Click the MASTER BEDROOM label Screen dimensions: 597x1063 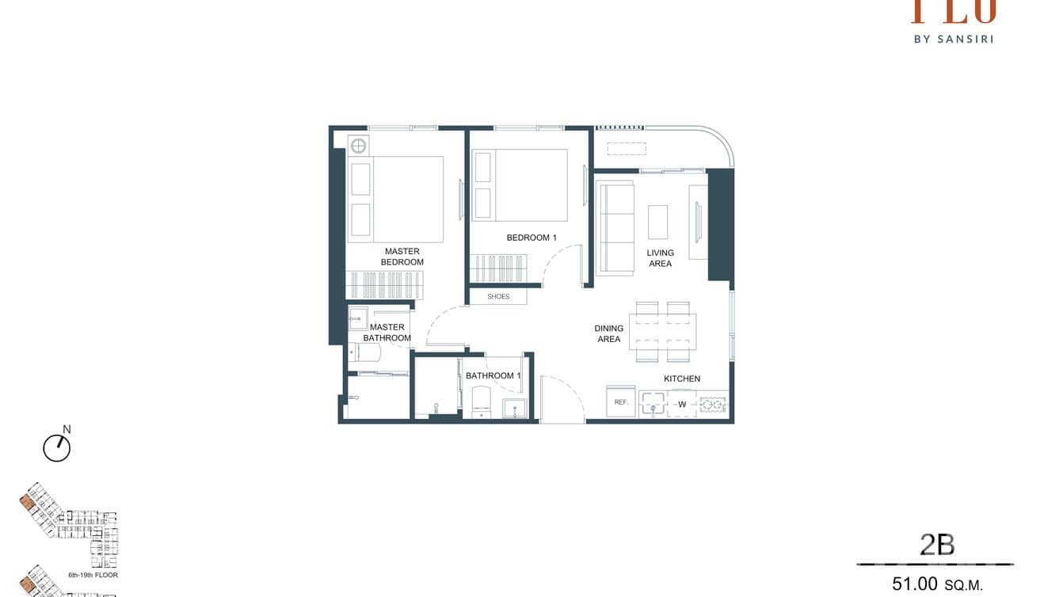click(402, 257)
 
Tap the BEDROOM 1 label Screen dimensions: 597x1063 click(531, 238)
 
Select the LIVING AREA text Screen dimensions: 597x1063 click(660, 258)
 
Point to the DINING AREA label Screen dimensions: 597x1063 click(608, 333)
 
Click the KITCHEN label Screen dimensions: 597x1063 click(681, 378)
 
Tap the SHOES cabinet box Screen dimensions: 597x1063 click(498, 297)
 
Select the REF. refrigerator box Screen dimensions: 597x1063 click(621, 402)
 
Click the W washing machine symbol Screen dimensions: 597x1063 click(681, 405)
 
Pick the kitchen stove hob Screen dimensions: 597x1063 click(713, 405)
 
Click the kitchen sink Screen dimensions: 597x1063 click(653, 404)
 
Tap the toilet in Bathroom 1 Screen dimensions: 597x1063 click(482, 402)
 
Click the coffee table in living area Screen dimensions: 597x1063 click(657, 222)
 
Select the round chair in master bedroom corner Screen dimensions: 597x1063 click(358, 145)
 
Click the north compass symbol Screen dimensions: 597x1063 click(57, 447)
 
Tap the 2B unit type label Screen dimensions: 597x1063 click(936, 545)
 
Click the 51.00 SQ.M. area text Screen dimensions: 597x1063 click(936, 584)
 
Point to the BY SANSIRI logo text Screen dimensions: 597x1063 click(954, 38)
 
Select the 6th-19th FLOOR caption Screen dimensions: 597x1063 click(92, 575)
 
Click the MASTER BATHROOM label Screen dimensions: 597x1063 click(387, 333)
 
